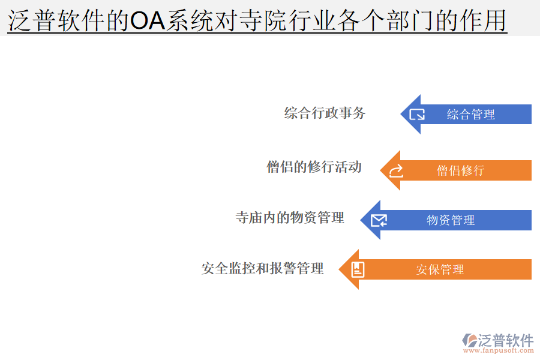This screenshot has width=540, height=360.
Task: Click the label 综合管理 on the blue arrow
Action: pos(470,115)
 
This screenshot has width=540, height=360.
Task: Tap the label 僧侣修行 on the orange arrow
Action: pos(460,170)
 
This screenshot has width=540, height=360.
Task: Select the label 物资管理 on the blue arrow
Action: pos(451,220)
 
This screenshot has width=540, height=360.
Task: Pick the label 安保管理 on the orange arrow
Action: pos(440,270)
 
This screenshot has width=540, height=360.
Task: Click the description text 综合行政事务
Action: pos(325,113)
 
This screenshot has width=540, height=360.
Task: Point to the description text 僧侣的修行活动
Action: pos(314,167)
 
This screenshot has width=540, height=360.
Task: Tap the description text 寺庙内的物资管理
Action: pos(290,218)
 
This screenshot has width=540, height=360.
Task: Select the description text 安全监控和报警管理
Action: pos(263,268)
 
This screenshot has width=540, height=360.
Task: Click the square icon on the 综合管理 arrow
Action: pos(417,114)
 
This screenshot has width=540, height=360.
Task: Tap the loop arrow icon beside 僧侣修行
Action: pos(397,171)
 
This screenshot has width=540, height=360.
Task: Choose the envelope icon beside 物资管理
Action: pos(379,221)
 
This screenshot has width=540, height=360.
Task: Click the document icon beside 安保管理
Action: pos(358,269)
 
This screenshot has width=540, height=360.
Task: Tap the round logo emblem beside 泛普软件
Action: pos(469,340)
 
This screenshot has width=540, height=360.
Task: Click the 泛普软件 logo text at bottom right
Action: pos(505,340)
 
